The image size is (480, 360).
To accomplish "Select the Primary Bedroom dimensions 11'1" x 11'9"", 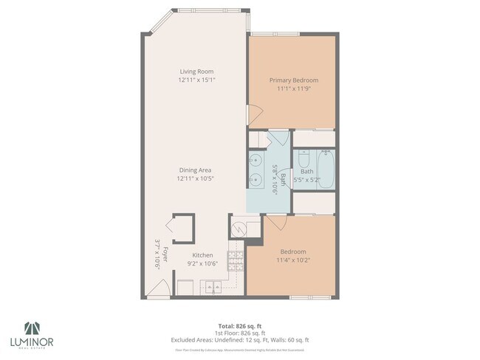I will pos(293,88).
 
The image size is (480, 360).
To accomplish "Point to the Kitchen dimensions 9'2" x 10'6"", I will pos(202,263).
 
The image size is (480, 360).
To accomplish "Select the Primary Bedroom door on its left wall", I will pos(253,114).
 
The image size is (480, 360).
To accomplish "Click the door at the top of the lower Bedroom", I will pos(275,221).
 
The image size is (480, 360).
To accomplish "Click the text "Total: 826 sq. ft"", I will pos(239,325).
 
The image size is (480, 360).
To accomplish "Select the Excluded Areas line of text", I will pos(239,339).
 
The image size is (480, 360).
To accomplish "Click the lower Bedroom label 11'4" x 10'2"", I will pos(293,260).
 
